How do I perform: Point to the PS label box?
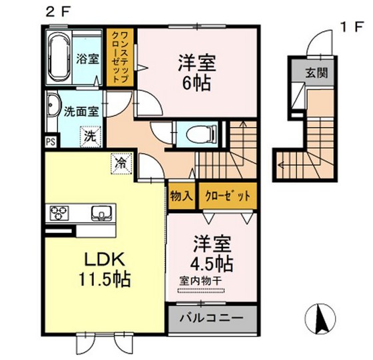(51, 142)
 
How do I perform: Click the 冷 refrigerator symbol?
(121, 162)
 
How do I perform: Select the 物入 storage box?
(181, 196)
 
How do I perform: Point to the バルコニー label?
(210, 317)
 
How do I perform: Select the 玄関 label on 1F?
(316, 74)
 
